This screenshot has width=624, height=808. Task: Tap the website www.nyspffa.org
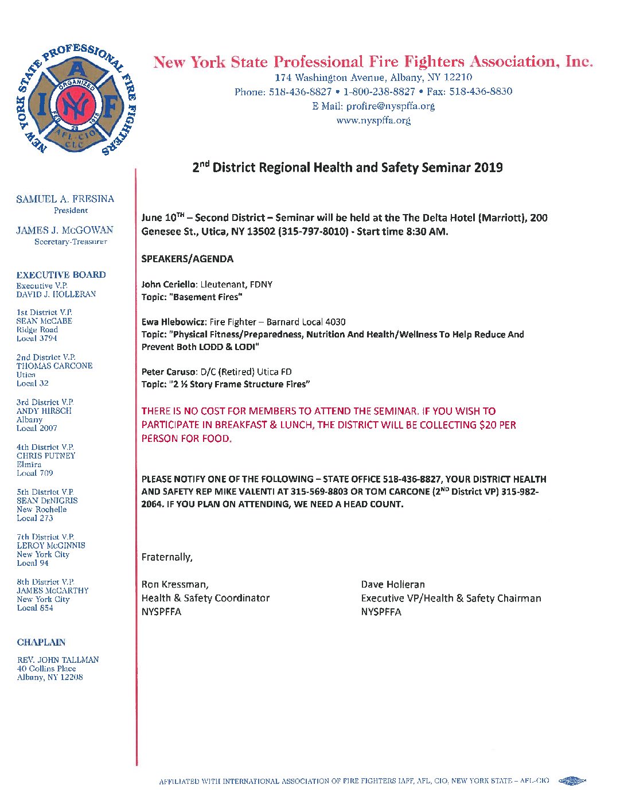(373, 121)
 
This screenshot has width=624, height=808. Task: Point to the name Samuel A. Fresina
(65, 199)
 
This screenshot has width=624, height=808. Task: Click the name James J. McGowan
(65, 230)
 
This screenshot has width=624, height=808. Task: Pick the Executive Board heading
(61, 275)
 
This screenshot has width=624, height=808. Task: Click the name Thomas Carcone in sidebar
(54, 366)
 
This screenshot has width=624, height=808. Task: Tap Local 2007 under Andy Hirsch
(37, 428)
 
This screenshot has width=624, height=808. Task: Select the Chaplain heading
(41, 642)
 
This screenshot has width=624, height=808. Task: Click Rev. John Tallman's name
(58, 660)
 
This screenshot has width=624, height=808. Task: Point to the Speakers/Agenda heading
(188, 259)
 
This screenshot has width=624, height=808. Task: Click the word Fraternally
(167, 557)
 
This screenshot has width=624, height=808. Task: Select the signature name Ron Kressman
(174, 585)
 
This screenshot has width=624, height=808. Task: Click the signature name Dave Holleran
(393, 585)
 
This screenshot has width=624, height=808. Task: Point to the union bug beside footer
(572, 781)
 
